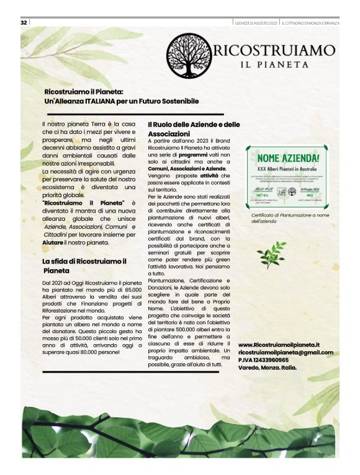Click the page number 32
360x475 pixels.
[24, 22]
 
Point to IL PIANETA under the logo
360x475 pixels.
[275, 64]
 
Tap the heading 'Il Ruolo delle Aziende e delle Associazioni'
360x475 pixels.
[194, 129]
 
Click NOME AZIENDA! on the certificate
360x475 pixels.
[287, 158]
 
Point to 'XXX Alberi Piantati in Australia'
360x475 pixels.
[286, 168]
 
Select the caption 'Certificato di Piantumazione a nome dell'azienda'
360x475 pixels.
[283, 218]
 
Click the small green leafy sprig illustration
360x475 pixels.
[271, 254]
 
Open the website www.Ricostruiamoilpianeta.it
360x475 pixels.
[279, 344]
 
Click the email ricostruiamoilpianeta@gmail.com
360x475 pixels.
[286, 352]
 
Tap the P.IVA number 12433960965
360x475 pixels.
[271, 360]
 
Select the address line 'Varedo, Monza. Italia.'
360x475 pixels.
[268, 367]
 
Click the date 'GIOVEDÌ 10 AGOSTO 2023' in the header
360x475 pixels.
[256, 23]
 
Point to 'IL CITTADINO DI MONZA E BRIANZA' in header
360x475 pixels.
[310, 23]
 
